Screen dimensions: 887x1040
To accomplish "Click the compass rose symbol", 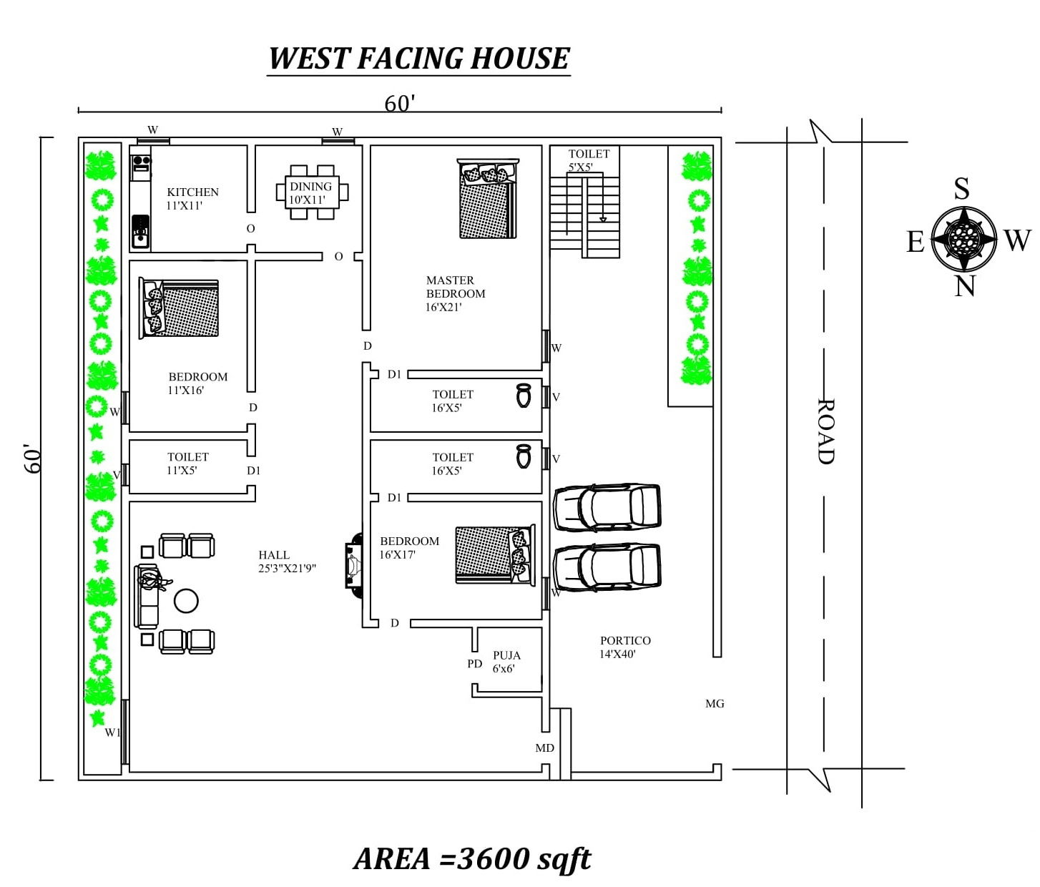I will [963, 238].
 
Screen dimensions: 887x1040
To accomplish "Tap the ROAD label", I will [825, 431].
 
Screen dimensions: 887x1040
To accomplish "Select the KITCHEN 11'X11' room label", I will [192, 199].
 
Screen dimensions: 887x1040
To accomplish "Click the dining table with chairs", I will [312, 192].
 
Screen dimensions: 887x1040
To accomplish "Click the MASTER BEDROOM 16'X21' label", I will [455, 293].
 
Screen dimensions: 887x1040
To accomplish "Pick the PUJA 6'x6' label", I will [506, 662].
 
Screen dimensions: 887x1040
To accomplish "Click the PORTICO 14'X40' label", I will [624, 647].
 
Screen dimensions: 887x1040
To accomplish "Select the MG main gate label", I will [714, 704].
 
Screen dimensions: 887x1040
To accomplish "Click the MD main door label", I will [544, 748].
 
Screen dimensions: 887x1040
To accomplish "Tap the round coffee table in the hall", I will [186, 600].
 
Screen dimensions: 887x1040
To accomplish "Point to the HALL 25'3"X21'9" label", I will [287, 562].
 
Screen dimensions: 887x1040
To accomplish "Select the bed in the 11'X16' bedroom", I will [179, 308].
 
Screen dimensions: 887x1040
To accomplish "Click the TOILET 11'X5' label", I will [187, 464].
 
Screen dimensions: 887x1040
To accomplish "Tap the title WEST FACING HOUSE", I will [419, 59].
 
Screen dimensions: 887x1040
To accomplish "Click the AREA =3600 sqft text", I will [472, 858].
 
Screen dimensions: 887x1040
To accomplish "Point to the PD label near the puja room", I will [474, 664].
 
